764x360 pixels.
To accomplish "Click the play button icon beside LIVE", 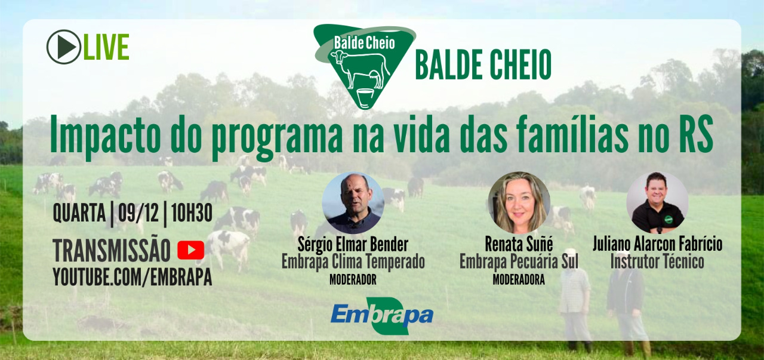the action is click(63, 47).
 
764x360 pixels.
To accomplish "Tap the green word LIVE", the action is click(106, 47).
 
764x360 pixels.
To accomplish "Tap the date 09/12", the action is click(138, 213).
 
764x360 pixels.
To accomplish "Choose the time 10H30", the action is click(192, 213).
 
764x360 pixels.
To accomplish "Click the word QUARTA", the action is click(79, 213).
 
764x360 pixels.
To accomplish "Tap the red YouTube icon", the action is click(191, 250).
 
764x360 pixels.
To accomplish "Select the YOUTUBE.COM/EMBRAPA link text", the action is click(133, 276).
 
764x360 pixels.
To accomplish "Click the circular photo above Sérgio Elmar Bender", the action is click(353, 203).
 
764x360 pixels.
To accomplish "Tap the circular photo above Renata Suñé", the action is click(519, 203).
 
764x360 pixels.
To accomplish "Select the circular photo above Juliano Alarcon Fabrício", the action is click(657, 203).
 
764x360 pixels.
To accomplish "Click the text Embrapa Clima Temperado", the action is click(353, 262).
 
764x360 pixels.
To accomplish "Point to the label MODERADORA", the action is click(519, 280).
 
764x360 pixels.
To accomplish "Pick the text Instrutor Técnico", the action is click(657, 261).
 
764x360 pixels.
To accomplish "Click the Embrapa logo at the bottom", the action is click(382, 316).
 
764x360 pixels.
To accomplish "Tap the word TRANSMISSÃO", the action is click(112, 251).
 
